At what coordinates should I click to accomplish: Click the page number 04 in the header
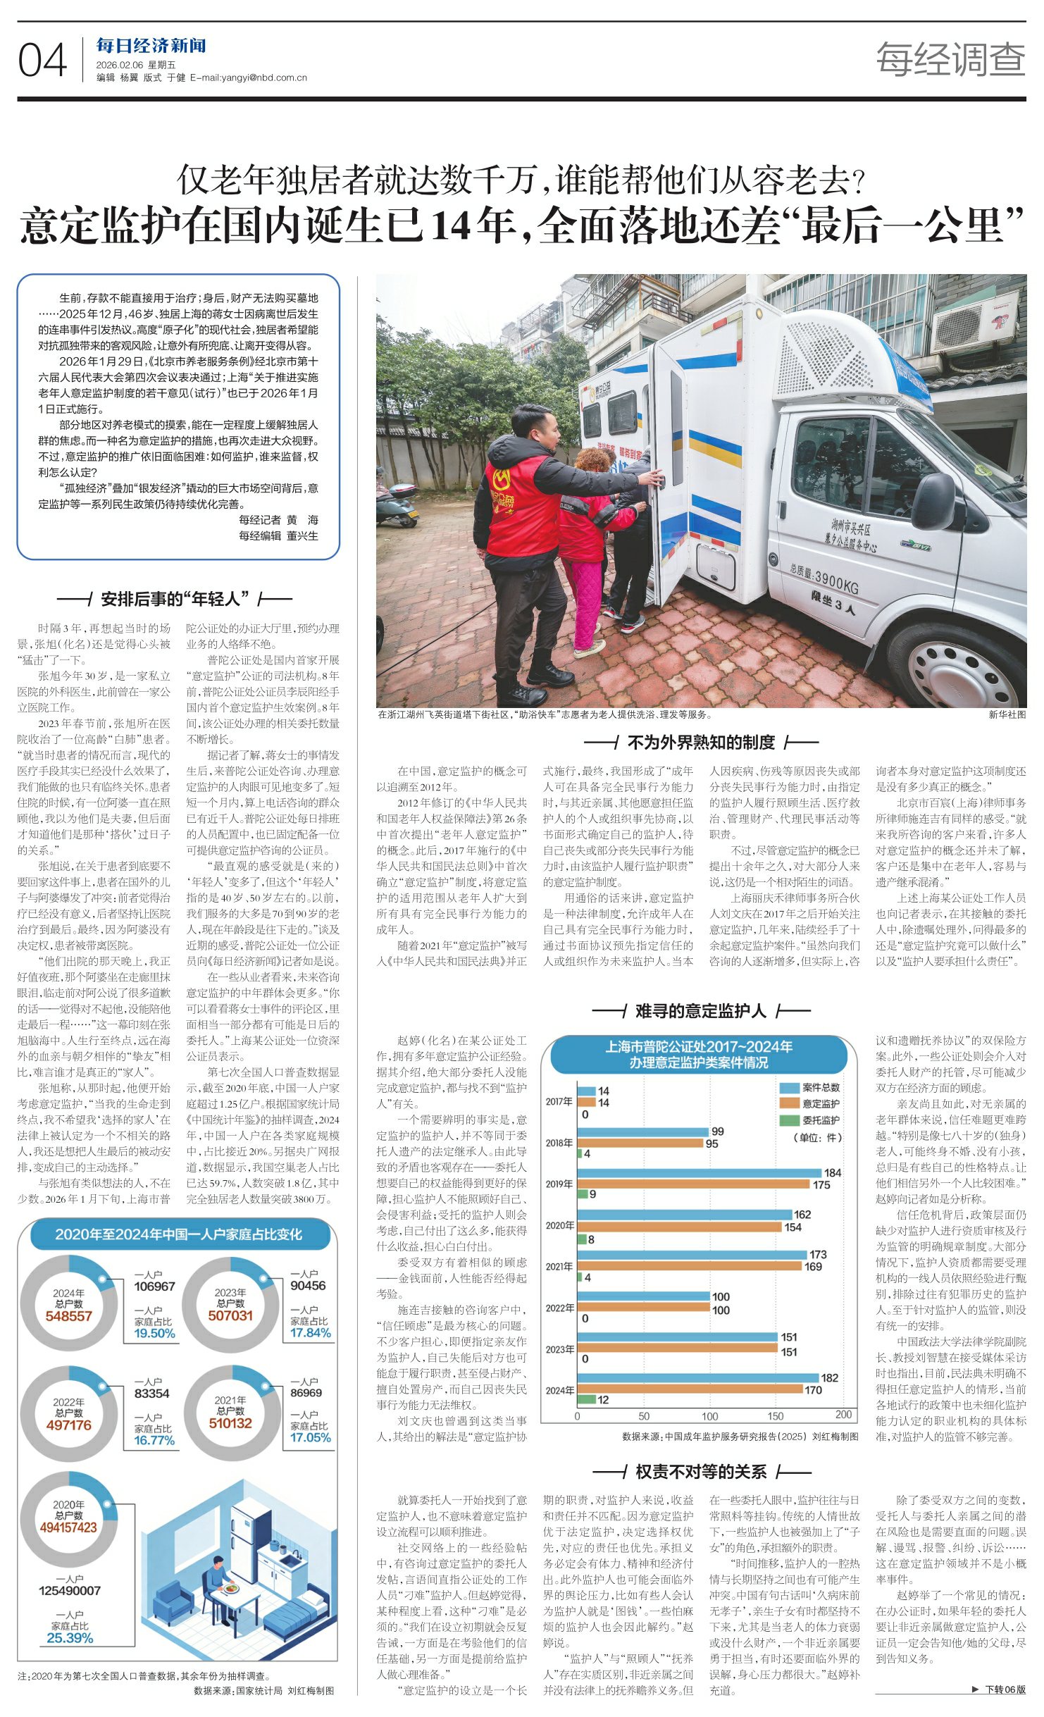point(42,60)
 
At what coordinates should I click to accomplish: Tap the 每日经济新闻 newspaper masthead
point(151,46)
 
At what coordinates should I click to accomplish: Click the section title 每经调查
point(950,59)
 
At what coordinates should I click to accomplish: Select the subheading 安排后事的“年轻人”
point(175,600)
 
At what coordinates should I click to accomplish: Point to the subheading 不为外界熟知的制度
point(700,742)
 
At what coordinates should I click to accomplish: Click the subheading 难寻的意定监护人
point(700,1012)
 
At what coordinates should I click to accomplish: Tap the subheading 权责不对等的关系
point(700,1472)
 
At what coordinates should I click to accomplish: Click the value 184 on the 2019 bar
point(832,1172)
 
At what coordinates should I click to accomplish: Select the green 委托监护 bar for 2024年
point(587,1399)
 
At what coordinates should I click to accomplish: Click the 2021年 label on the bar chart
point(559,1266)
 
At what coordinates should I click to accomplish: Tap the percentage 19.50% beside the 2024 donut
point(154,1333)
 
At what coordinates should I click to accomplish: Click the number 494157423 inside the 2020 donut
point(68,1527)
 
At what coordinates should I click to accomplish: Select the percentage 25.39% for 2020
point(70,1637)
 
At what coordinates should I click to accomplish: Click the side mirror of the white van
point(935,500)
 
